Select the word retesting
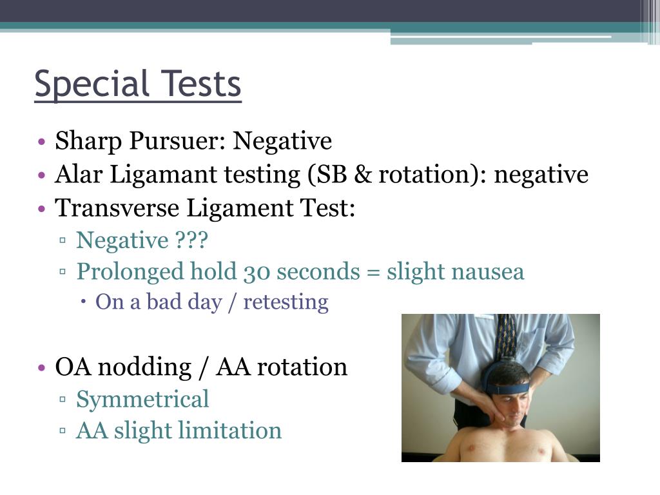pyautogui.click(x=286, y=302)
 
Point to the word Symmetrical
pyautogui.click(x=142, y=399)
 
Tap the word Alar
pyautogui.click(x=74, y=175)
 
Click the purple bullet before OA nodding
pyautogui.click(x=41, y=367)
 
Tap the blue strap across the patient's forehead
pyautogui.click(x=509, y=387)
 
